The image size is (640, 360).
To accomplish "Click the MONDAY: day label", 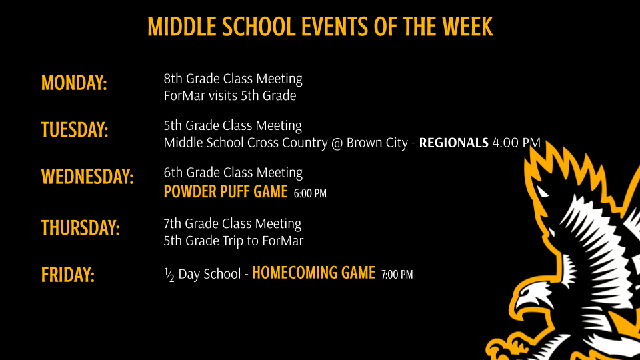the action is [74, 83].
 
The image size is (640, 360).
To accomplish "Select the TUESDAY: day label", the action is [75, 130].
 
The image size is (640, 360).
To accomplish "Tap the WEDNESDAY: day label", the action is [87, 177].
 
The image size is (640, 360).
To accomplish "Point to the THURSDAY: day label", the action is [81, 228].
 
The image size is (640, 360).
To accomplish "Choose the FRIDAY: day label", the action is [68, 275].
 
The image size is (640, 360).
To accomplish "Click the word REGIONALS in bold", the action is [453, 143].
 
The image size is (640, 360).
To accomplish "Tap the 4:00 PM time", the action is [516, 143].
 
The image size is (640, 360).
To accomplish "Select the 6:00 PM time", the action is [310, 193].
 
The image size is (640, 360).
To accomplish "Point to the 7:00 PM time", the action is [397, 274].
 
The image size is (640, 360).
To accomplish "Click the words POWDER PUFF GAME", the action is [226, 192].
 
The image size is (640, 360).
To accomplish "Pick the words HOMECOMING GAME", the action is [313, 273].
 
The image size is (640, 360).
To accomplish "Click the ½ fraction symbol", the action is [169, 275].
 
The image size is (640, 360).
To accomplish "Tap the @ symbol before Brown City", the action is [337, 143].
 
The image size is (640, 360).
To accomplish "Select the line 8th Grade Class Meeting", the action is [233, 79].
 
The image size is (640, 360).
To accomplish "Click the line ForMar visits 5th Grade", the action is [230, 95].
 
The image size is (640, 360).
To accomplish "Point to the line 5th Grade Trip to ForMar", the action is [233, 241].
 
